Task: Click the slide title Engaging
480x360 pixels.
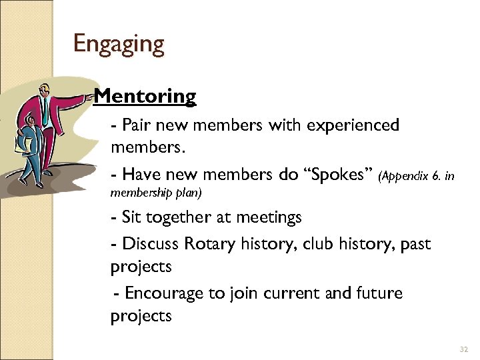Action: pos(119,45)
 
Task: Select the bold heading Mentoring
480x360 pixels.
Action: pos(145,97)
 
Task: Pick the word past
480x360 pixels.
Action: pos(417,245)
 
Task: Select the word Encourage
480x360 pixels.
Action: pos(167,293)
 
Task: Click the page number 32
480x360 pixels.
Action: pos(464,349)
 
